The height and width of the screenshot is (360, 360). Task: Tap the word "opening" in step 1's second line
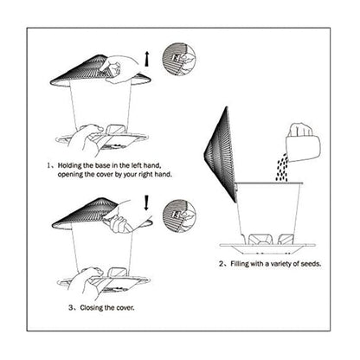(x=74, y=174)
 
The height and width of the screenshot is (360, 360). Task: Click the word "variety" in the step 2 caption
(x=280, y=264)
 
